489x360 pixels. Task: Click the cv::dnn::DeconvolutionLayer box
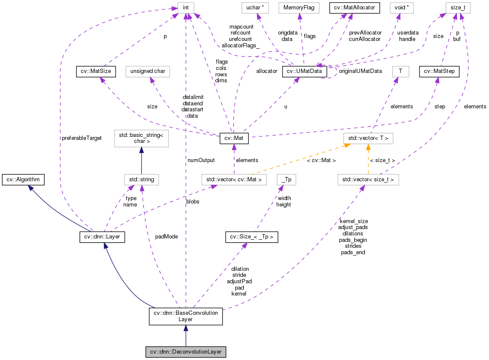coord(185,352)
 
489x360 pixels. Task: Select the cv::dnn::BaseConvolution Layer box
coord(185,316)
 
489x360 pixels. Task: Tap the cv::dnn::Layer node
coord(102,237)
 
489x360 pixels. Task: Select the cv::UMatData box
coord(304,71)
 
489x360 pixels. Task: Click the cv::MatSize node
coord(95,71)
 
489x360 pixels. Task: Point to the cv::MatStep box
coord(439,71)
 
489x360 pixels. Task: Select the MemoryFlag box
coord(298,7)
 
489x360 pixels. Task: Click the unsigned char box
coord(148,71)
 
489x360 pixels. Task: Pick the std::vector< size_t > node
coord(368,180)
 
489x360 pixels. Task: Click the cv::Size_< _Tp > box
coord(252,237)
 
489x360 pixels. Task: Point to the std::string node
coord(141,180)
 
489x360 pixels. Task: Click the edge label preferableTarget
coord(81,139)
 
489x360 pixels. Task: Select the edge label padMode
coord(167,236)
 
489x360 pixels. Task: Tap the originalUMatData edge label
coord(360,71)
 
